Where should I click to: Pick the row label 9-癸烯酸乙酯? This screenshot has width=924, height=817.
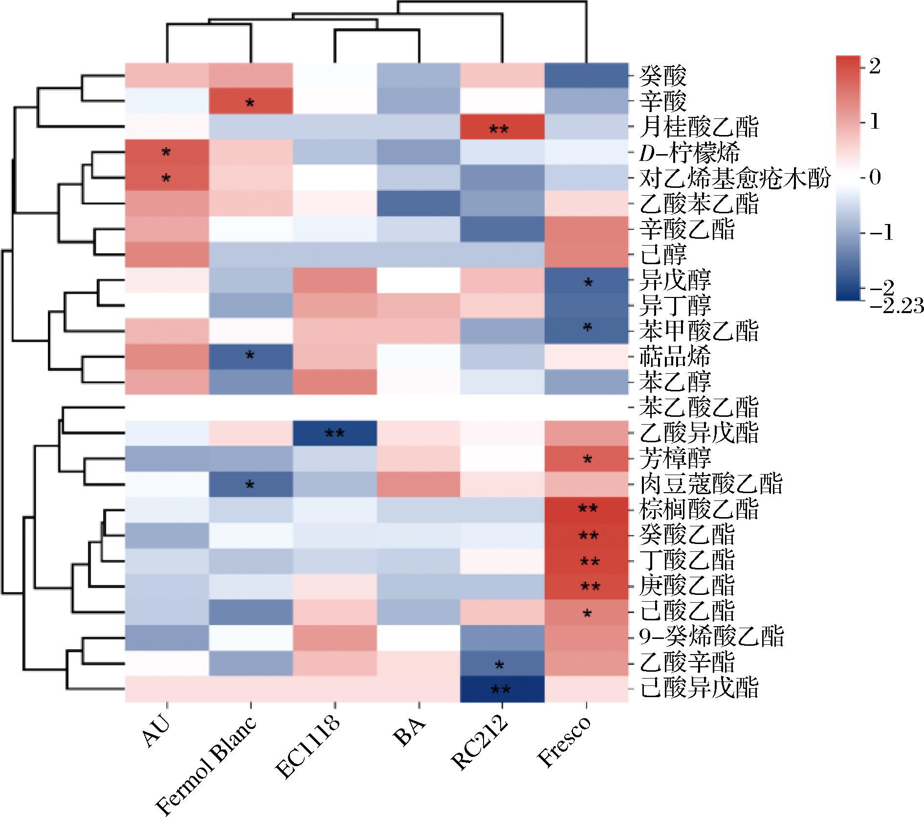[712, 636]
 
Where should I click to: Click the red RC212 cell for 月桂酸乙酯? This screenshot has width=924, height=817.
[502, 127]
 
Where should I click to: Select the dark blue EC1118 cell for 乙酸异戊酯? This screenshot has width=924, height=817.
[335, 432]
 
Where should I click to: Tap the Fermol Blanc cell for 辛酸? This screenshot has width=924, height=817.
[250, 102]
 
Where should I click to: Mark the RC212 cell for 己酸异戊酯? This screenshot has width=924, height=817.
[502, 689]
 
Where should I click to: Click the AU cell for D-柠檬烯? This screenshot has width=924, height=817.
[167, 153]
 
